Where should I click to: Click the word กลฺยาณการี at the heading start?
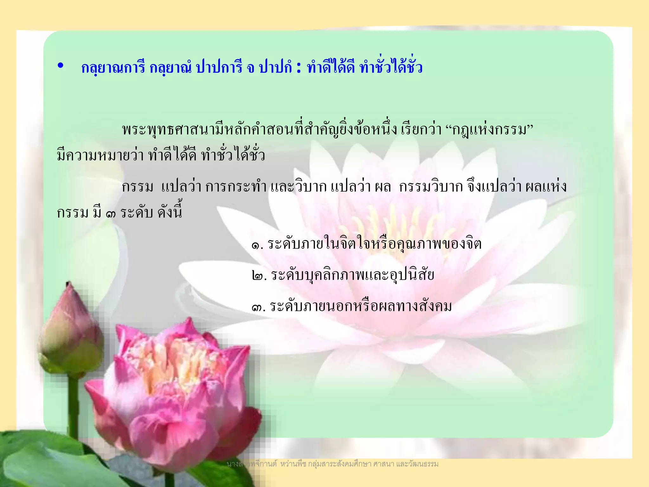(113, 68)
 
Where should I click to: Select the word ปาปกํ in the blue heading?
(275, 68)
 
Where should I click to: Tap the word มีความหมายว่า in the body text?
(100, 155)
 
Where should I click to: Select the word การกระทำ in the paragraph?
(236, 187)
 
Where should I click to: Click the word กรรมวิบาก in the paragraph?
(431, 187)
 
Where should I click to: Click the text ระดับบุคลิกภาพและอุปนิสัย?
(352, 275)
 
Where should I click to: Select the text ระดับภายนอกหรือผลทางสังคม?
(361, 306)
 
